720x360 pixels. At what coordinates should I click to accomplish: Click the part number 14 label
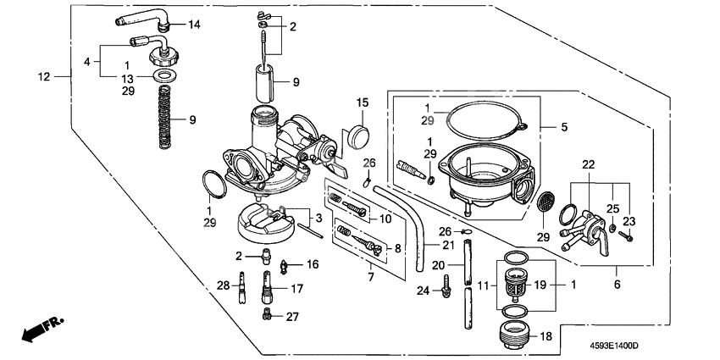tap(194, 25)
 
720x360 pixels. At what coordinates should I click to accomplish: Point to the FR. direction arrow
tap(42, 329)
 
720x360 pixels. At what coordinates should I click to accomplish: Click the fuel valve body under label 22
tap(585, 227)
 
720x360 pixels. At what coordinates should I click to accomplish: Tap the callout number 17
tap(297, 288)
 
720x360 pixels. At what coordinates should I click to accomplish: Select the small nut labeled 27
tap(268, 315)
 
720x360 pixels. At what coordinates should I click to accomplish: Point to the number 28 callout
tap(224, 285)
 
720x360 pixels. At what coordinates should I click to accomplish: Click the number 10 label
tap(385, 219)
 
